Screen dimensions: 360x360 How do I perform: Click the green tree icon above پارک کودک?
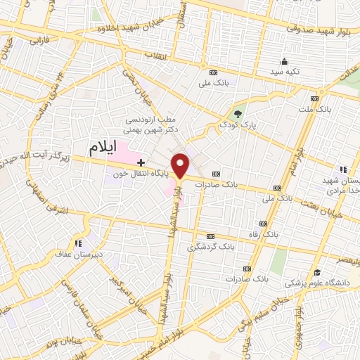pyautogui.click(x=238, y=113)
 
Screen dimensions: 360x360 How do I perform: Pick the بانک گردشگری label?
pyautogui.click(x=210, y=247)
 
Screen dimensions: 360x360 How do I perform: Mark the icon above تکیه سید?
pyautogui.click(x=283, y=61)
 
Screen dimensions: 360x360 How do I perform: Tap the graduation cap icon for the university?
pyautogui.click(x=317, y=272)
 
